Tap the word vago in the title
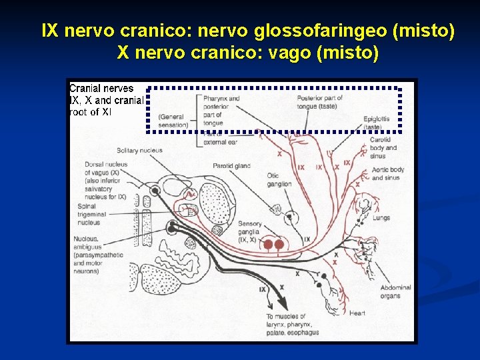tap(287, 53)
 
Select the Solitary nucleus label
tap(139, 151)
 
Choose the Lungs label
tap(381, 217)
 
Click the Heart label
tap(357, 313)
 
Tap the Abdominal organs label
tap(395, 291)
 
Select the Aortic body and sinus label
tap(388, 173)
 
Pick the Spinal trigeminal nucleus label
tap(91, 214)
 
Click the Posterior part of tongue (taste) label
tap(319, 102)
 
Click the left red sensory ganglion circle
tap(268, 245)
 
